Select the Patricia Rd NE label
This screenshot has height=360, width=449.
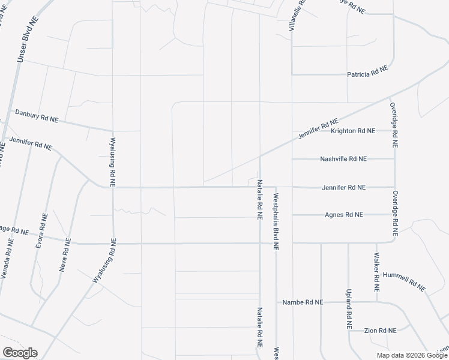(x=367, y=73)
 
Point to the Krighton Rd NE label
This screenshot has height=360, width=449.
(x=353, y=130)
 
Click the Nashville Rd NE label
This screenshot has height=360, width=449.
(x=343, y=159)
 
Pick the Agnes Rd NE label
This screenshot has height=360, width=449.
(x=344, y=214)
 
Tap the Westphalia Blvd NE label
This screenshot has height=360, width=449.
(x=276, y=221)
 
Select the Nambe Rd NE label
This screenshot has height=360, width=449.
(x=303, y=302)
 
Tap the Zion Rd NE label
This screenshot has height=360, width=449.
(x=381, y=331)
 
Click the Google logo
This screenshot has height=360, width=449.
(x=20, y=353)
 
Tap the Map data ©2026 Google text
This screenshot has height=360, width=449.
(x=412, y=355)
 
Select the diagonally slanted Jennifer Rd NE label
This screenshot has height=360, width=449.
(x=319, y=129)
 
